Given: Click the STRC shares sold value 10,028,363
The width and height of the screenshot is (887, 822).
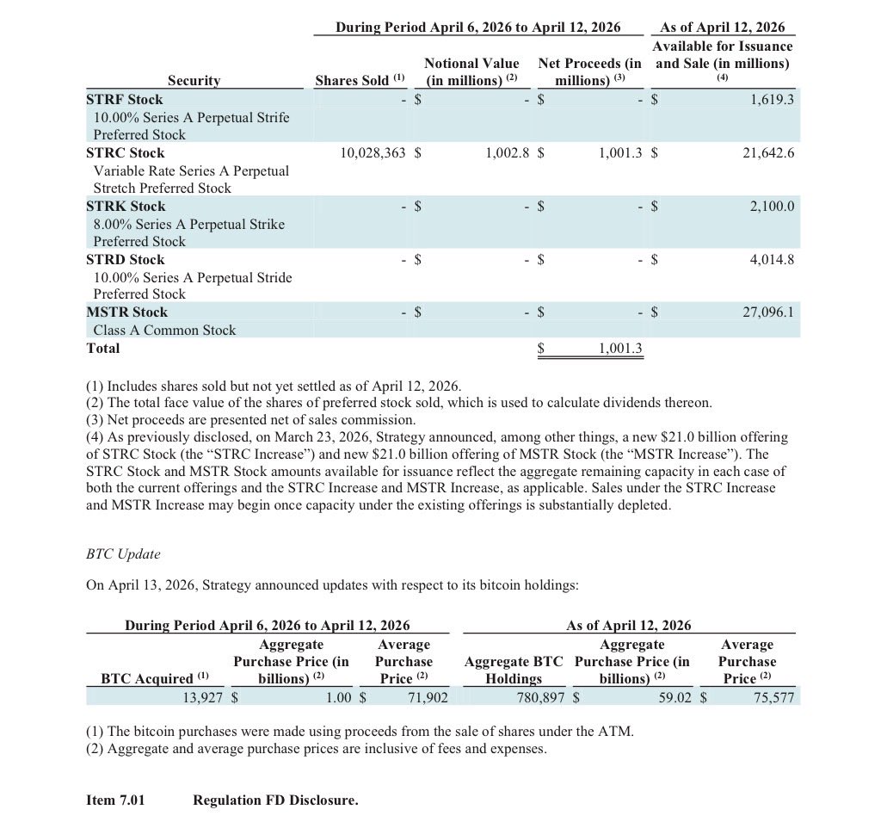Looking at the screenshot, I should [x=373, y=153].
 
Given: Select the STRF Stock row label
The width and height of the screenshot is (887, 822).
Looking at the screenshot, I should [x=125, y=100].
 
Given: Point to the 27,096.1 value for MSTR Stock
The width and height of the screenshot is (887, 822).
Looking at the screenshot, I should [x=768, y=312].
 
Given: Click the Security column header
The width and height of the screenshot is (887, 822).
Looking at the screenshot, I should [x=194, y=81].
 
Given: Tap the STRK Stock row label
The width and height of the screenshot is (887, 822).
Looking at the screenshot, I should [x=126, y=207].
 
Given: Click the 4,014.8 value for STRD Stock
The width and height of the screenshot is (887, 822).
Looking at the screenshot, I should [x=772, y=260].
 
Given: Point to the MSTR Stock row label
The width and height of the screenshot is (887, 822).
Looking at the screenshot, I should [x=127, y=312].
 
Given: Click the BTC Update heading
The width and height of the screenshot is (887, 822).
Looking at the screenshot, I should [x=123, y=554].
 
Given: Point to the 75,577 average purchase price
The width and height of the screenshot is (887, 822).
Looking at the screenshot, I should [x=771, y=696].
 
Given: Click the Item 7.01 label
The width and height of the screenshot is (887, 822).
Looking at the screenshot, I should [x=116, y=800].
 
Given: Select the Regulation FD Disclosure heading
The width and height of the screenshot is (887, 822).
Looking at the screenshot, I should [x=275, y=800].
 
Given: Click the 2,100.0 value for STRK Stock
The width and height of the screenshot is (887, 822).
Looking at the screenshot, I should [x=772, y=207].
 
